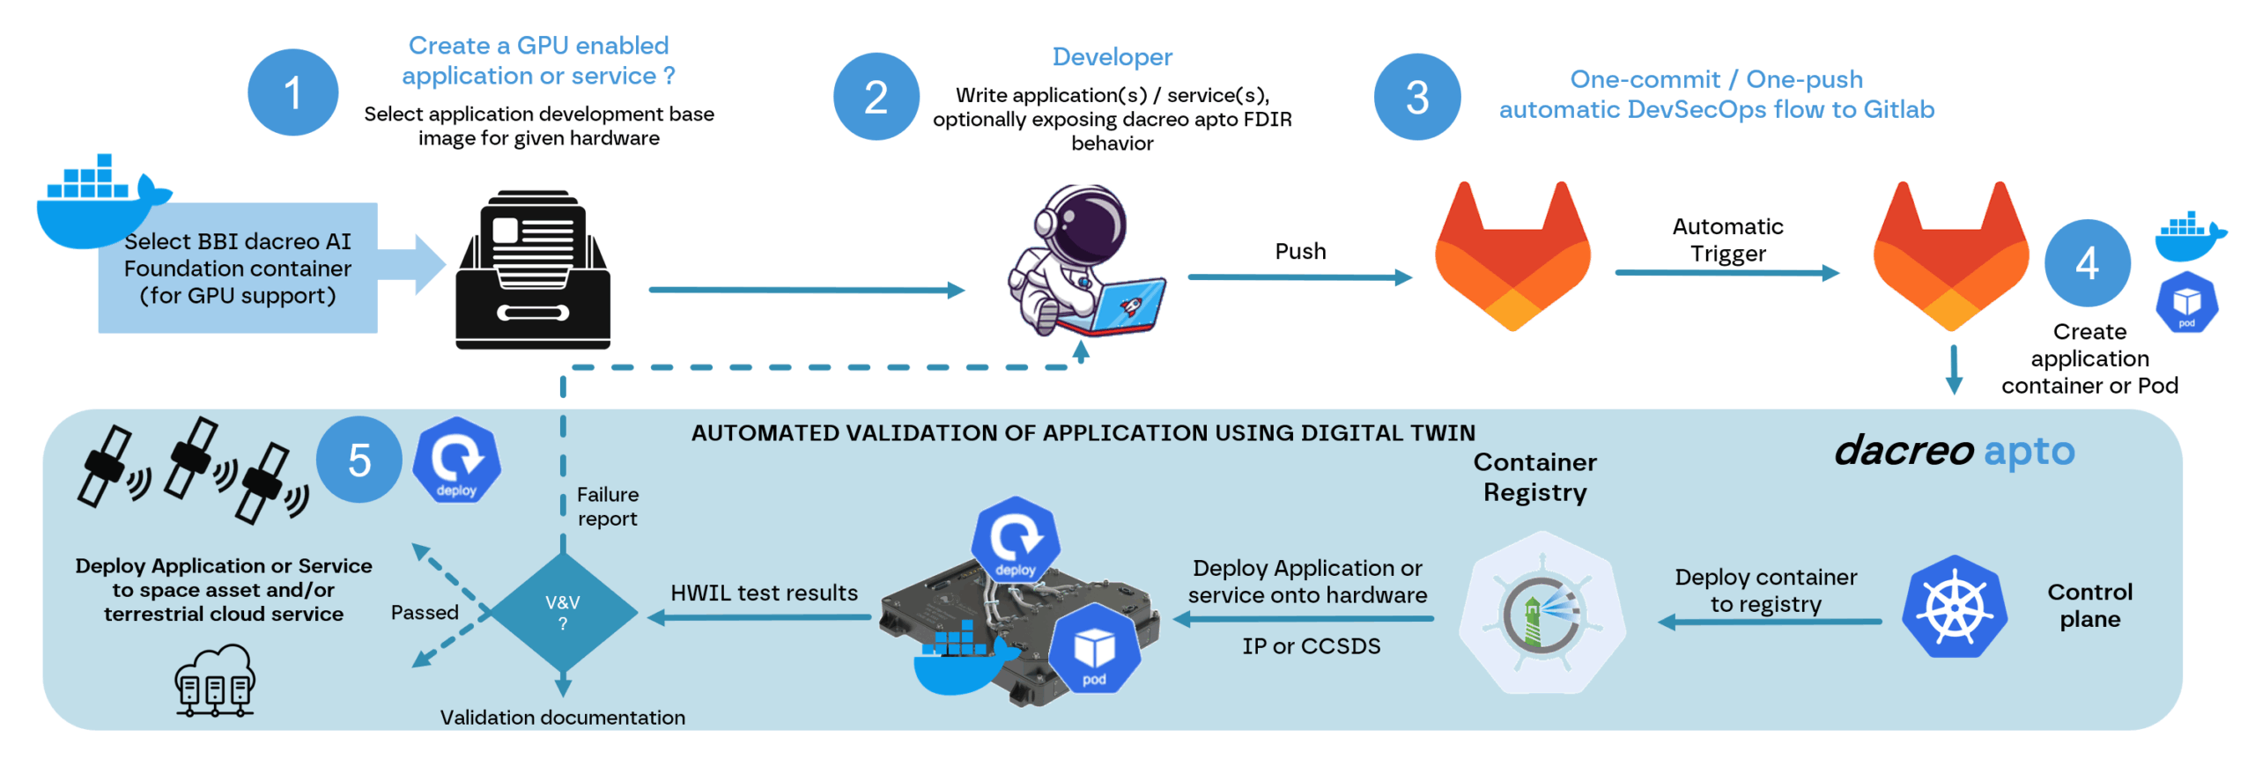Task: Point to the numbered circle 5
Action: coord(359,460)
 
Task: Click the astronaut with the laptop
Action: coord(1083,261)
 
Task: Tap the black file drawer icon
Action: coord(532,269)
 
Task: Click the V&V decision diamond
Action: coord(562,612)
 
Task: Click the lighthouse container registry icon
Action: coord(1541,613)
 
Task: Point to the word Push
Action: coord(1299,251)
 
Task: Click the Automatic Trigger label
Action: coord(1726,239)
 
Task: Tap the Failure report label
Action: coord(607,506)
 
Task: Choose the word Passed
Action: coord(424,612)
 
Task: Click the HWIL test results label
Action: coord(763,593)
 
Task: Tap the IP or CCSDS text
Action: coord(1310,646)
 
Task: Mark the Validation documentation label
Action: coord(562,718)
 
